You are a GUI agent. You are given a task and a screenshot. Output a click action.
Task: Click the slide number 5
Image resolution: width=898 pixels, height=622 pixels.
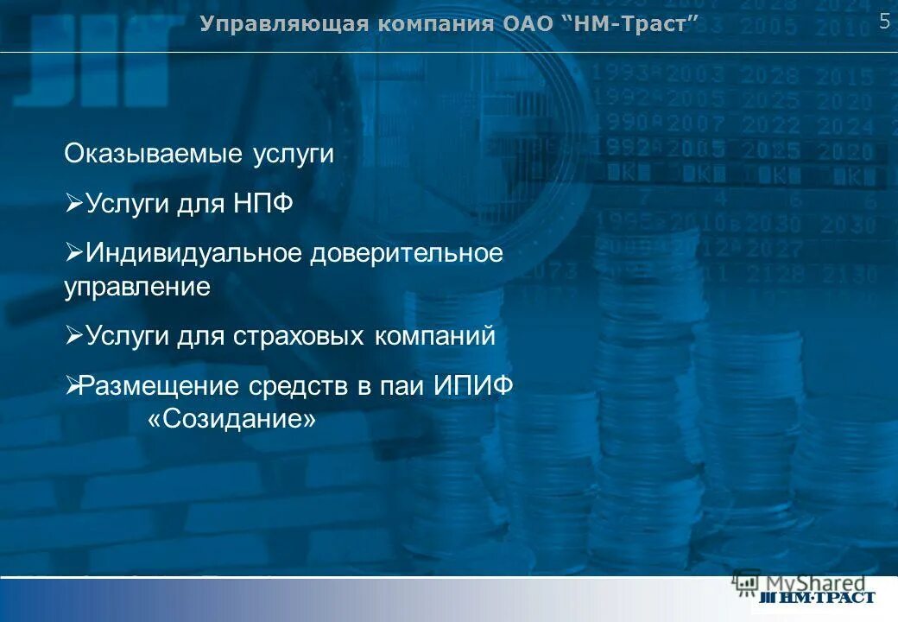(x=884, y=22)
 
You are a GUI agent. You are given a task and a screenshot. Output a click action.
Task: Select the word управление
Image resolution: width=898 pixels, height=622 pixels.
(x=137, y=287)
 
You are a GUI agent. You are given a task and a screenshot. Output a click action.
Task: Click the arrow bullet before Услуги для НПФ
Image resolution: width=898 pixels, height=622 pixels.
(x=73, y=205)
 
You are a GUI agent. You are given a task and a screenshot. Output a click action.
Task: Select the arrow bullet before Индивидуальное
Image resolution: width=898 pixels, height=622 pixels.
(x=73, y=254)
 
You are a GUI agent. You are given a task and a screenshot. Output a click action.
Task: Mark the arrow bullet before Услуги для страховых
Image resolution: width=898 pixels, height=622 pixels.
(x=73, y=336)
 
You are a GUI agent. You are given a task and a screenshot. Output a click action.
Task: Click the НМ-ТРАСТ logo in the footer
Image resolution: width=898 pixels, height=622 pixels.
(x=817, y=597)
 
